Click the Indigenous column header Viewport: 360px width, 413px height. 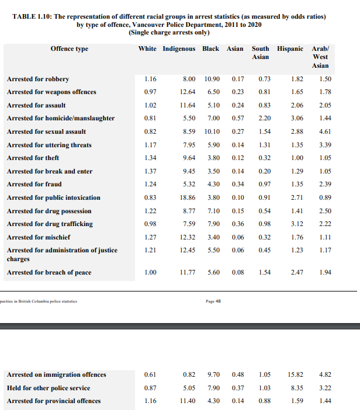click(179, 48)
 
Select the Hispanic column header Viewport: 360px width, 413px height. click(290, 48)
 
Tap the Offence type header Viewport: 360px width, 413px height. click(70, 48)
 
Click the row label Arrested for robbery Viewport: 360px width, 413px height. click(38, 79)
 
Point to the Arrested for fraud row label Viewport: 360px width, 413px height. click(35, 185)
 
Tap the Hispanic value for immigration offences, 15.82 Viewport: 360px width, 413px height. click(295, 374)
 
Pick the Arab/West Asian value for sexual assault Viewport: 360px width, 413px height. click(326, 131)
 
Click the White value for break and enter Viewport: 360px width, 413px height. click(150, 171)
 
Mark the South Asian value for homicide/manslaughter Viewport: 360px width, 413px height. click(264, 119)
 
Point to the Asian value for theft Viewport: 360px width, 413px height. click(237, 158)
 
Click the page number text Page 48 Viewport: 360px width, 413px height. click(214, 301)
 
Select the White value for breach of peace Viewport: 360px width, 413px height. click(150, 272)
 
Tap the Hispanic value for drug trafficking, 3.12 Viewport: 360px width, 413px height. click(297, 224)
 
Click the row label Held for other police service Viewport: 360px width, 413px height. click(48, 387)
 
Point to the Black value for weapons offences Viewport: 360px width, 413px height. click(213, 92)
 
